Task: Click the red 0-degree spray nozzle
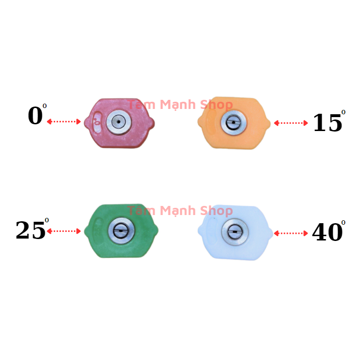click(x=120, y=123)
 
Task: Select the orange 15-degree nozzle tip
click(x=234, y=123)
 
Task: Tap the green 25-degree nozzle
click(x=121, y=231)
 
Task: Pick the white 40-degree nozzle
click(x=235, y=232)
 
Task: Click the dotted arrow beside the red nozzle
click(x=64, y=121)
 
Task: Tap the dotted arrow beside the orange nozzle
click(x=291, y=123)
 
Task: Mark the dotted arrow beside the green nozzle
click(x=64, y=231)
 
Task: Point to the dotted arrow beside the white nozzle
click(x=291, y=233)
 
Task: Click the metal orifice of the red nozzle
click(x=119, y=122)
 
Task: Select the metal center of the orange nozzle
click(x=233, y=122)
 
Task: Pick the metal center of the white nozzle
click(x=235, y=232)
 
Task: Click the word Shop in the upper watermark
click(x=216, y=105)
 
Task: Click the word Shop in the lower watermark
click(x=216, y=211)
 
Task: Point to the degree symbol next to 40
click(x=343, y=222)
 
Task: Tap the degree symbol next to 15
click(x=343, y=112)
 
